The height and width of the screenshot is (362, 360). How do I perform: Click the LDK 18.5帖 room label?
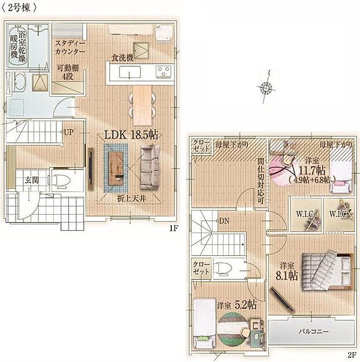(x=131, y=134)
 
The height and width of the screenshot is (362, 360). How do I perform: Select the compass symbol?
(x=267, y=87)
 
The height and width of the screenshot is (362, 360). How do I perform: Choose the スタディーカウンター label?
(x=70, y=47)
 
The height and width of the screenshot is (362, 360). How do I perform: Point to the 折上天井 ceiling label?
(x=131, y=198)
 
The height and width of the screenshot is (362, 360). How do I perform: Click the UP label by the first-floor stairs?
(x=69, y=132)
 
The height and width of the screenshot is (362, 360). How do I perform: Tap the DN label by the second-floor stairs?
(x=224, y=221)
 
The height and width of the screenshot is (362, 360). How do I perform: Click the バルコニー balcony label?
(x=311, y=331)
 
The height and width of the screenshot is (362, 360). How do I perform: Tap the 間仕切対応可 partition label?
(x=261, y=180)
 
